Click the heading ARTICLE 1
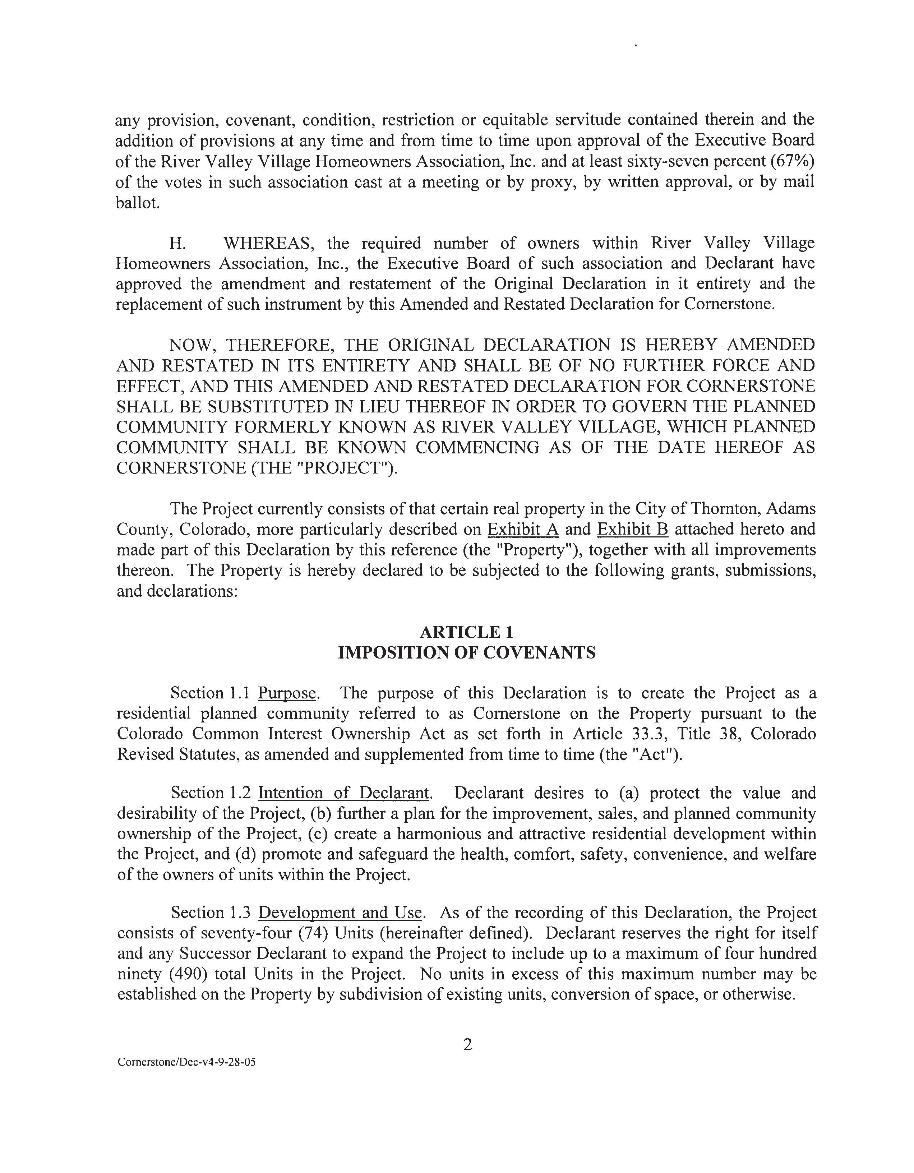pos(466,632)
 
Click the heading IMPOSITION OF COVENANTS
pos(466,652)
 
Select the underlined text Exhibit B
pos(633,529)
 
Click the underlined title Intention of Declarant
pos(344,793)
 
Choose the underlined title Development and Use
pos(341,913)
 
